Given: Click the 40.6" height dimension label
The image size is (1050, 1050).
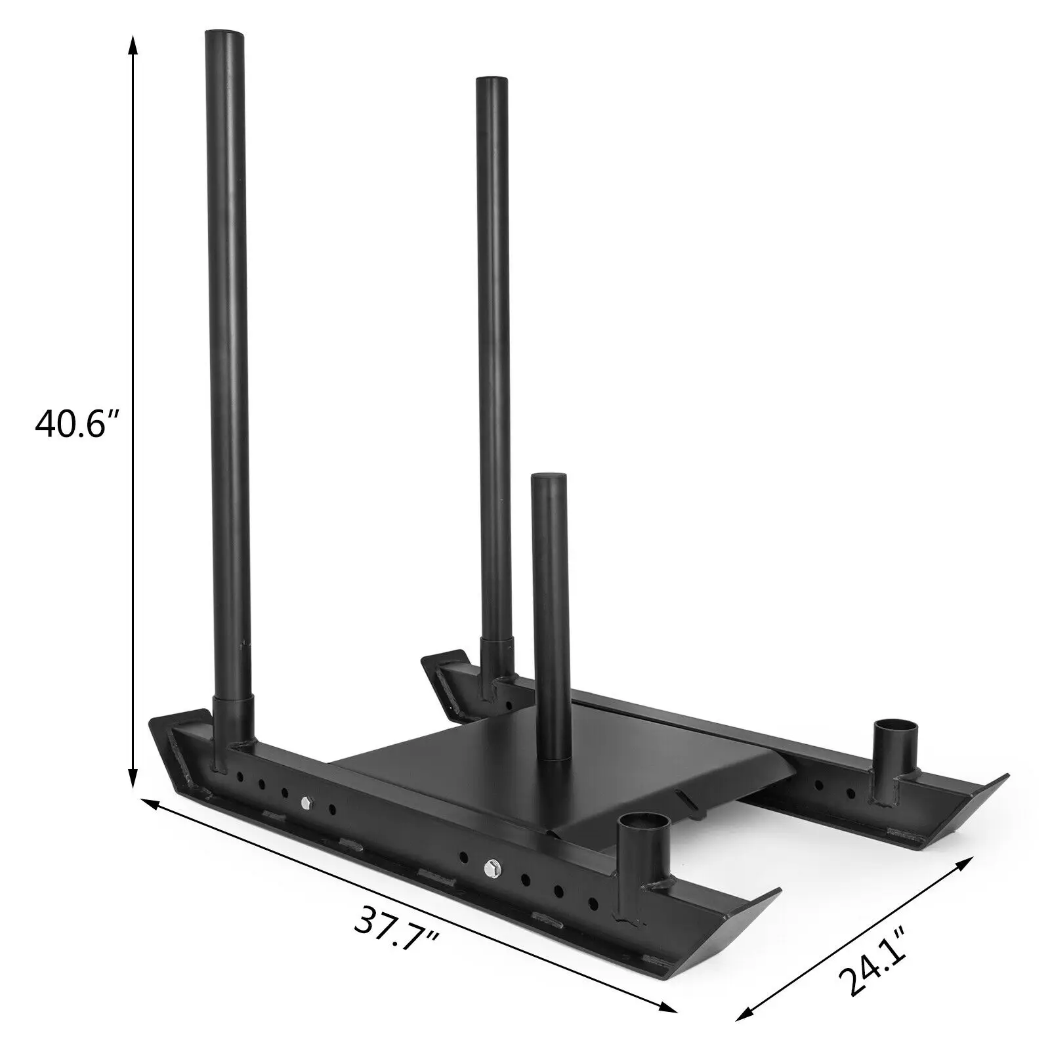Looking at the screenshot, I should point(79,425).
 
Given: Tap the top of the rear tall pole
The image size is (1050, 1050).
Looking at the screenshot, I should point(492,81).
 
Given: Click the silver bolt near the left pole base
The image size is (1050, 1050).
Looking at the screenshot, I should point(306,803).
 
